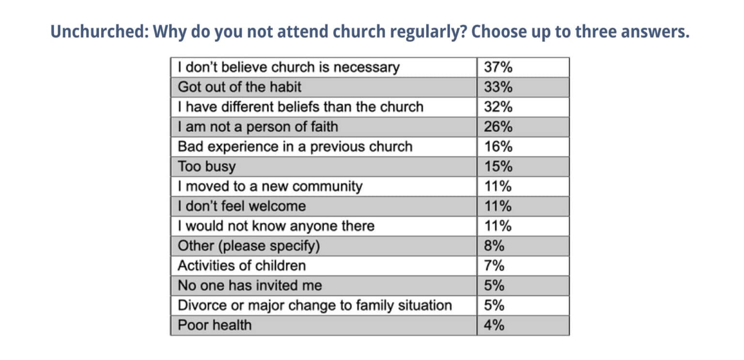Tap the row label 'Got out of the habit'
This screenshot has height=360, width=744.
[x=239, y=87]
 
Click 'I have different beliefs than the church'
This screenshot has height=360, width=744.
[x=300, y=107]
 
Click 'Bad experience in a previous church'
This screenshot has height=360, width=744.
[x=295, y=147]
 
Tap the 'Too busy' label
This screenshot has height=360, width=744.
[x=206, y=167]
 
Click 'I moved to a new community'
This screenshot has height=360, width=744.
[x=270, y=187]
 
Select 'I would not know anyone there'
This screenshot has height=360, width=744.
[x=276, y=226]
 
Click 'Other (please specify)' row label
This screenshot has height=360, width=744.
[x=249, y=246]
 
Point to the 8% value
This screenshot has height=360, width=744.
[x=494, y=246]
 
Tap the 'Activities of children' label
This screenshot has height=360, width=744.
[x=242, y=266]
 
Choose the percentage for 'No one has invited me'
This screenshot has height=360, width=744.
[x=494, y=286]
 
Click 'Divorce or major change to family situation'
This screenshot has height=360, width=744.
[x=315, y=306]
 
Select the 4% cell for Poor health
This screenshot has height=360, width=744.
[x=494, y=325]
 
